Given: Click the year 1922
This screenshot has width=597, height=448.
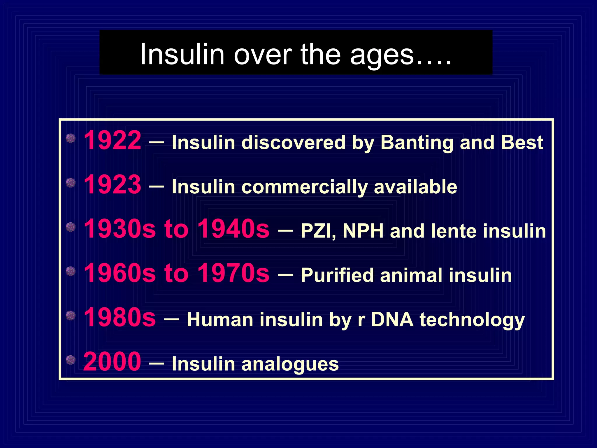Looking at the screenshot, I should pyautogui.click(x=113, y=141).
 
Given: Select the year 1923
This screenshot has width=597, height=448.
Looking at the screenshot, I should pyautogui.click(x=113, y=185).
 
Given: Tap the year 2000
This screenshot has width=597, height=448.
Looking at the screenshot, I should pyautogui.click(x=112, y=362).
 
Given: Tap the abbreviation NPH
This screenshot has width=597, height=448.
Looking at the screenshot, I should pyautogui.click(x=363, y=231).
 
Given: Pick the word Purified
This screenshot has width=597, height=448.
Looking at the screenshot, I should pyautogui.click(x=337, y=276).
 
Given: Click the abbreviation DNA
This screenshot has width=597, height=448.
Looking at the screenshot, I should pyautogui.click(x=392, y=320).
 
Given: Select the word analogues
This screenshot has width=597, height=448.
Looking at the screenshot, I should pyautogui.click(x=290, y=365).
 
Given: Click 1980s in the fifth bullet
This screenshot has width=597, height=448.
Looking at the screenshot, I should pyautogui.click(x=120, y=317).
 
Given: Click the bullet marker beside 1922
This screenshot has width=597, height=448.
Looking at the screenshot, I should pyautogui.click(x=71, y=139).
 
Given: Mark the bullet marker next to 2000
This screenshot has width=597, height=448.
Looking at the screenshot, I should pyautogui.click(x=71, y=360).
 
